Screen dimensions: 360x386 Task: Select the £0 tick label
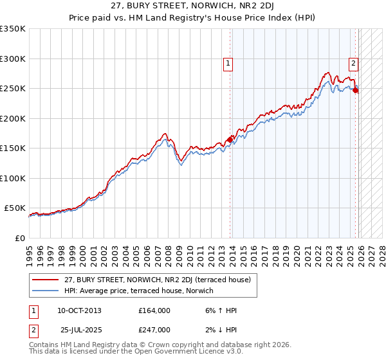[x=19, y=238]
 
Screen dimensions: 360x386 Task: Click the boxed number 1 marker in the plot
[x=228, y=63]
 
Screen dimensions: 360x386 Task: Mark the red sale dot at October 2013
[x=230, y=139]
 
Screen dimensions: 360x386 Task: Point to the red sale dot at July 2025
[x=355, y=91]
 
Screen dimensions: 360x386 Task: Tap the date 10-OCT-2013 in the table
[x=79, y=310]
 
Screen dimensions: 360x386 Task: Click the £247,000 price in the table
[x=154, y=329]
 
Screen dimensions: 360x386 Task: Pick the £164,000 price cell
[x=154, y=310]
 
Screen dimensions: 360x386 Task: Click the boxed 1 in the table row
[x=33, y=310]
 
